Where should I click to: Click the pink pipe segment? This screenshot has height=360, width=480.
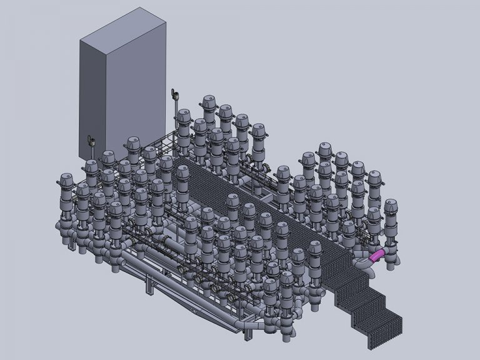click(377, 254)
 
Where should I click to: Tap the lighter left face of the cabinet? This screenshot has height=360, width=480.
click(93, 94)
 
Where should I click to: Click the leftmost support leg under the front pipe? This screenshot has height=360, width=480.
click(148, 287)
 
